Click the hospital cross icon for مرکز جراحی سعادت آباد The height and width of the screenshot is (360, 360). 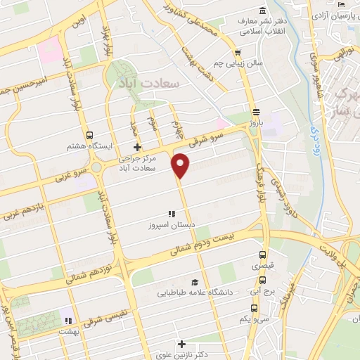click(137, 148)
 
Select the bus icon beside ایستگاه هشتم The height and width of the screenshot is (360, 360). click(89, 136)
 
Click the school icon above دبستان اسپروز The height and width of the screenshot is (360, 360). click(170, 214)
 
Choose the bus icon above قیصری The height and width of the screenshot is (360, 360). click(262, 255)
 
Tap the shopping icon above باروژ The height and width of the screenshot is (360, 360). click(256, 111)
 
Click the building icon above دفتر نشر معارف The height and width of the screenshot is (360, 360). click(262, 11)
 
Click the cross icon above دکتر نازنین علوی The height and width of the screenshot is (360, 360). click(182, 345)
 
